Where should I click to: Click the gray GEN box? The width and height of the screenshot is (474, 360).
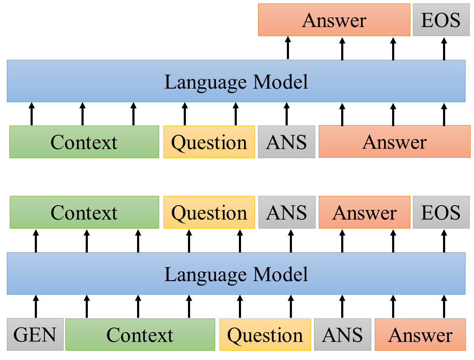tap(35, 335)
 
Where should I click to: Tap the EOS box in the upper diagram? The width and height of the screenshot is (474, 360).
tap(440, 20)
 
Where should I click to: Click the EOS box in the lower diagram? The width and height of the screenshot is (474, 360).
tap(440, 212)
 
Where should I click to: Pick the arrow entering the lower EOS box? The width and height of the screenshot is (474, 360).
tap(444, 240)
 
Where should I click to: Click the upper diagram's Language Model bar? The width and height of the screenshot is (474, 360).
tap(236, 81)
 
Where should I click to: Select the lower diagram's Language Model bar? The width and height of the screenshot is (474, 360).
tap(236, 273)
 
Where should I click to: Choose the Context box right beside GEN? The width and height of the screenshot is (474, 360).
tap(140, 335)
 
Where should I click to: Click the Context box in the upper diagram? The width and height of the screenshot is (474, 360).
tap(84, 142)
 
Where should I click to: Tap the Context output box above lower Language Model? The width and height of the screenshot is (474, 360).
tap(84, 212)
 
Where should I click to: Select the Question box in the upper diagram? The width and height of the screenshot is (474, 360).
tap(209, 142)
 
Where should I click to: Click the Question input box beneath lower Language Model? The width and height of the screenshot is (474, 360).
tap(265, 335)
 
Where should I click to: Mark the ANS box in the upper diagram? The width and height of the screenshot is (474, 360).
tap(286, 142)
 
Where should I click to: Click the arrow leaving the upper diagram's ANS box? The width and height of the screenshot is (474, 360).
tap(286, 114)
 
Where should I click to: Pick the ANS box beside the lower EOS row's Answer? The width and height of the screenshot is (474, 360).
tap(286, 212)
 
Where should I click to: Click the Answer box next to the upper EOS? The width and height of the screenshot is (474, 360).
tap(334, 20)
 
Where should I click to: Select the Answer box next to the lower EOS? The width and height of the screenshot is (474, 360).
tap(364, 212)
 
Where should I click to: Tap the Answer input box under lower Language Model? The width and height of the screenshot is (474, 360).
tap(420, 335)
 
